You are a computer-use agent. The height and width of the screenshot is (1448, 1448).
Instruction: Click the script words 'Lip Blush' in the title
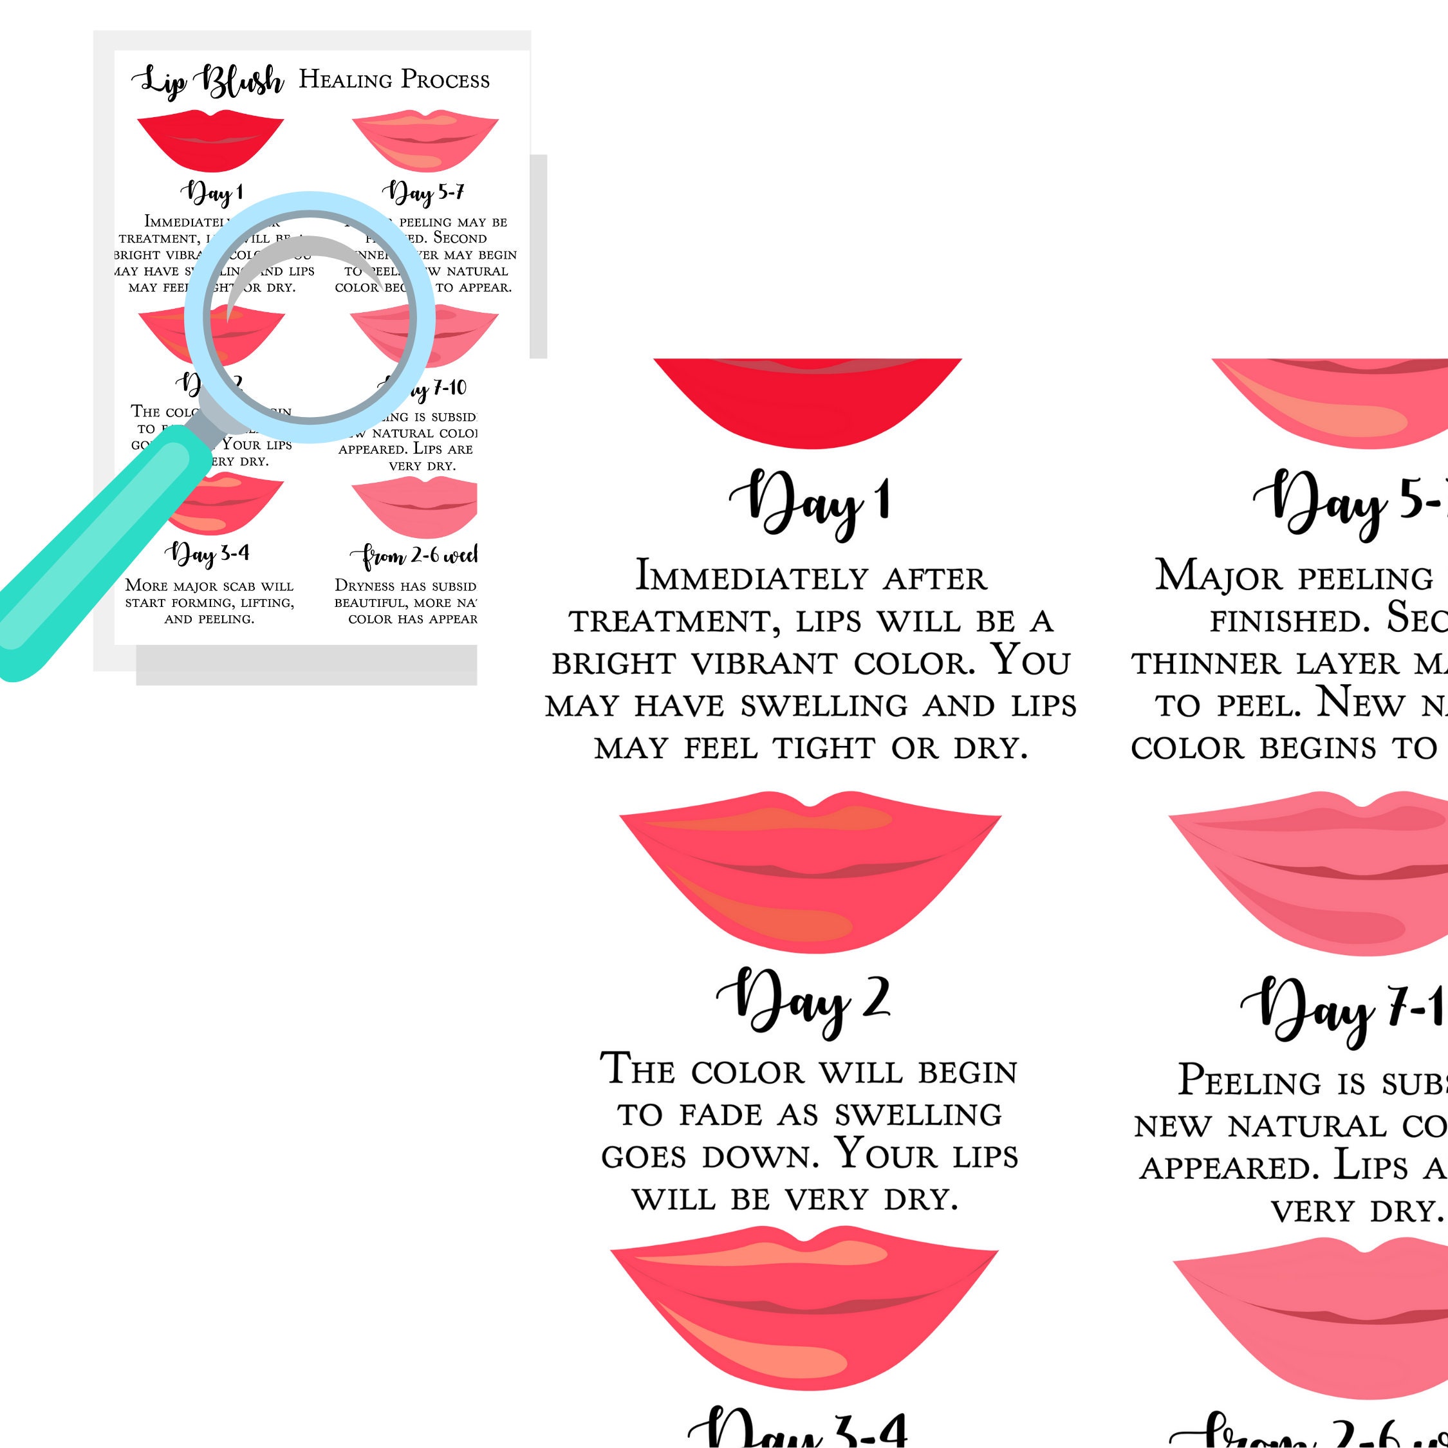pyautogui.click(x=209, y=81)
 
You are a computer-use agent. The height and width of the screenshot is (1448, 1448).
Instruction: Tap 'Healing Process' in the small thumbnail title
pyautogui.click(x=394, y=79)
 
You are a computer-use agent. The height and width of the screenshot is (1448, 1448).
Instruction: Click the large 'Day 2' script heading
pyautogui.click(x=803, y=1001)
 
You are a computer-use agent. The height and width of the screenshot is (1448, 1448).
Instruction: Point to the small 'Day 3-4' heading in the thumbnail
pyautogui.click(x=208, y=554)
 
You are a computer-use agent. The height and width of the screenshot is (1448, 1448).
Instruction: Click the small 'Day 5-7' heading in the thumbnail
pyautogui.click(x=423, y=193)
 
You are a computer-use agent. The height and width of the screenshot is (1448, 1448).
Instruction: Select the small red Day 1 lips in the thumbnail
pyautogui.click(x=210, y=141)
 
